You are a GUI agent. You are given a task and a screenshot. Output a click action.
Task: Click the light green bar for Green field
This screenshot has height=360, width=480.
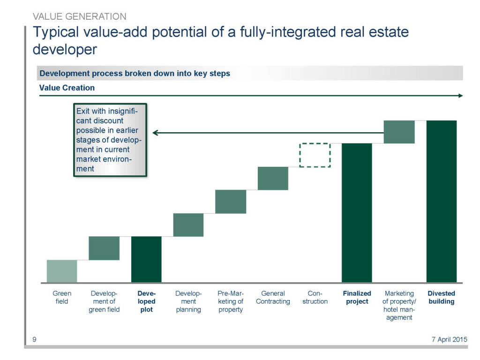(62, 271)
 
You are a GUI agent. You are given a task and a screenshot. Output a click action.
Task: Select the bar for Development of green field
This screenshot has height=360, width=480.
(104, 248)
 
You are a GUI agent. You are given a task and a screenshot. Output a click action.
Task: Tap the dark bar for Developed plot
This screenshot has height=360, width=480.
(146, 259)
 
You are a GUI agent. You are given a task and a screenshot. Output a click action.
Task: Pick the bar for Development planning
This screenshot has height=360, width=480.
(188, 225)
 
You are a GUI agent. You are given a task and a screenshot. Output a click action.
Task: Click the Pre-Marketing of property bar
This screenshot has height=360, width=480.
(231, 202)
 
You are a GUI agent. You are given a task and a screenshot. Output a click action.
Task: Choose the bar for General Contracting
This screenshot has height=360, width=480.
(273, 178)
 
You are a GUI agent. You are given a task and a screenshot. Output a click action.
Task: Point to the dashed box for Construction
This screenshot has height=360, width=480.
(315, 155)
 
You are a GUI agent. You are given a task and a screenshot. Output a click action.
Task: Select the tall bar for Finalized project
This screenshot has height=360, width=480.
(357, 213)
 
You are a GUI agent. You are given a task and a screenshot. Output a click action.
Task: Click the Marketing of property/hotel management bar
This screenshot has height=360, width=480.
(399, 132)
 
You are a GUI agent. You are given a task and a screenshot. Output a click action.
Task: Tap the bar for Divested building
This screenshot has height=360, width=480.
(441, 201)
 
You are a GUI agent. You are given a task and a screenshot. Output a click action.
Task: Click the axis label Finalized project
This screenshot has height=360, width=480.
(357, 298)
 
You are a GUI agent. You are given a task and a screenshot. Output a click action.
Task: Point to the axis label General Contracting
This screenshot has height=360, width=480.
(273, 298)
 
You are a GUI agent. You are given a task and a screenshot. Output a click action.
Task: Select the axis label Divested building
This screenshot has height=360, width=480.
(441, 298)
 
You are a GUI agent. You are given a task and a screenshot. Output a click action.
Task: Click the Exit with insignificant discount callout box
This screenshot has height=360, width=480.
(110, 140)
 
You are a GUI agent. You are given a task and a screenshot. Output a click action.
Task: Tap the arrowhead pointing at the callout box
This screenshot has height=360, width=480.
(155, 133)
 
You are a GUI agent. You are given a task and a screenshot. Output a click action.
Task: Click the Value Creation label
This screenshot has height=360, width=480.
(67, 88)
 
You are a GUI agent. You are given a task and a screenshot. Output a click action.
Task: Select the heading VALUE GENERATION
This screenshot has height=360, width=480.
(79, 16)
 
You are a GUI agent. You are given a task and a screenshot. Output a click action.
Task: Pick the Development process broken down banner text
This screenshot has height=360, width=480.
(135, 74)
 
